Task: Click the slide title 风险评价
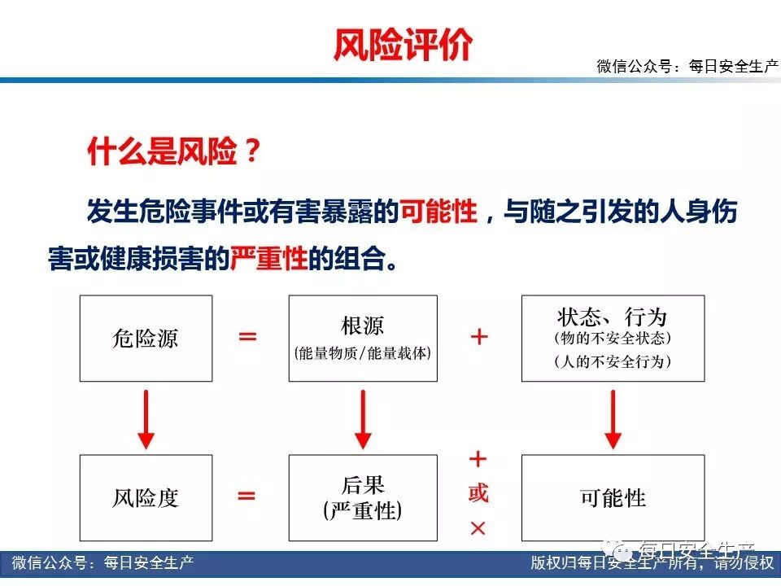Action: tap(402, 45)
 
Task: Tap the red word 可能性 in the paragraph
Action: tap(439, 212)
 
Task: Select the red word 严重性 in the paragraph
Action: tap(268, 259)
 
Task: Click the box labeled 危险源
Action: tap(146, 338)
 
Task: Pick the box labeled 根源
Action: tap(363, 338)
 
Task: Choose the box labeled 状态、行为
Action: tap(613, 338)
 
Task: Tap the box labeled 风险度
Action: tap(146, 497)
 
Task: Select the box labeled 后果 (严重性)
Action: tap(363, 497)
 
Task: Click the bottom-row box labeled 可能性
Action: tap(613, 497)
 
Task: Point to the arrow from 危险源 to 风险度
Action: tap(146, 418)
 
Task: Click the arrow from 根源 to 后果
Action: tap(363, 418)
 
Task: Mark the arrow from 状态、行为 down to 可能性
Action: tap(613, 418)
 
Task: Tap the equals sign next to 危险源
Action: tap(247, 336)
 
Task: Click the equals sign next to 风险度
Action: tap(247, 496)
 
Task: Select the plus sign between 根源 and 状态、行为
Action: tap(480, 336)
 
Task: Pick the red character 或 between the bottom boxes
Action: tap(478, 493)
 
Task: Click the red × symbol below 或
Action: tap(478, 528)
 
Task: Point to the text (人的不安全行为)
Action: tap(613, 361)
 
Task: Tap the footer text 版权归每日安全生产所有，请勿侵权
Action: tap(651, 563)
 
